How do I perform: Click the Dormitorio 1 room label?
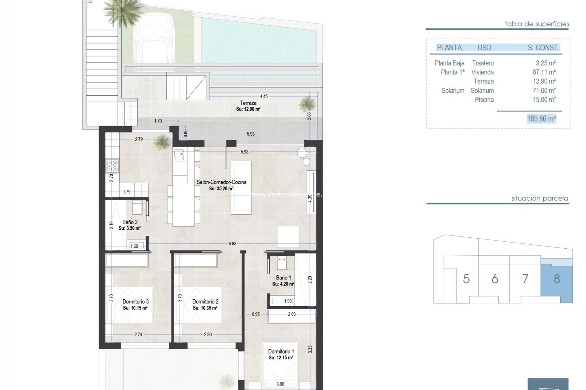(x=281, y=351)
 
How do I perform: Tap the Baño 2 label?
(x=130, y=222)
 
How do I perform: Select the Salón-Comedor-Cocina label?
(x=221, y=182)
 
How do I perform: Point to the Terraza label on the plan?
(x=248, y=103)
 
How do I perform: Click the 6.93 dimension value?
(x=232, y=243)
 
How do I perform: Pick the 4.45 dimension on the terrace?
(x=263, y=96)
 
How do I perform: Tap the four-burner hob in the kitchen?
(x=112, y=166)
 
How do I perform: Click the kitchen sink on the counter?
(x=179, y=154)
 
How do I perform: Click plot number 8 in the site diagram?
(x=557, y=279)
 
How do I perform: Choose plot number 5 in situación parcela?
(x=466, y=279)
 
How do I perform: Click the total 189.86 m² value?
(x=541, y=119)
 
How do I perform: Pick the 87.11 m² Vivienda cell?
(x=544, y=72)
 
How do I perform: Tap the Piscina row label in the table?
(x=484, y=100)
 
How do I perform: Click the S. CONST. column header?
(x=543, y=48)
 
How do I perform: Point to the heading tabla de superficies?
(x=537, y=24)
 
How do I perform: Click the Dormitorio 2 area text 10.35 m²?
(x=205, y=308)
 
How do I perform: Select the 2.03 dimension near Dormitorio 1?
(x=292, y=314)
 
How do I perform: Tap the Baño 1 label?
(x=283, y=278)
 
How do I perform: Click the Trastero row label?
(x=483, y=63)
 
